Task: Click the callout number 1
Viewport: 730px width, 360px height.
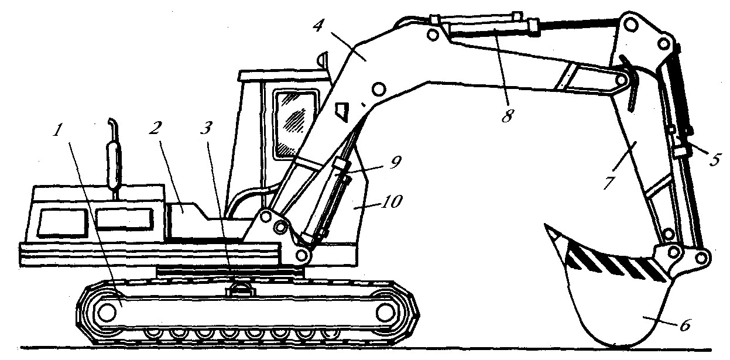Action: pos(58,131)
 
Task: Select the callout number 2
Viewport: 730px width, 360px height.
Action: pos(156,128)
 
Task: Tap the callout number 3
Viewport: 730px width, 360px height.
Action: pos(207,128)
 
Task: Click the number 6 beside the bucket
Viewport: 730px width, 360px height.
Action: pos(685,325)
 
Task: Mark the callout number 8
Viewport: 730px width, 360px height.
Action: pos(508,116)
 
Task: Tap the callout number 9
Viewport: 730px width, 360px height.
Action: pos(395,162)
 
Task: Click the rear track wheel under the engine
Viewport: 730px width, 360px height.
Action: pos(107,313)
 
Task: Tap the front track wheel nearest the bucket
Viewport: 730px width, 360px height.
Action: pos(386,313)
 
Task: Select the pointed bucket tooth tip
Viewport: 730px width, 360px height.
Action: pos(546,225)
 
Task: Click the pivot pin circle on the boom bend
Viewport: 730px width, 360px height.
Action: pos(378,89)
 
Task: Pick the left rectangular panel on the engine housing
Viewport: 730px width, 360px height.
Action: pos(63,222)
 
